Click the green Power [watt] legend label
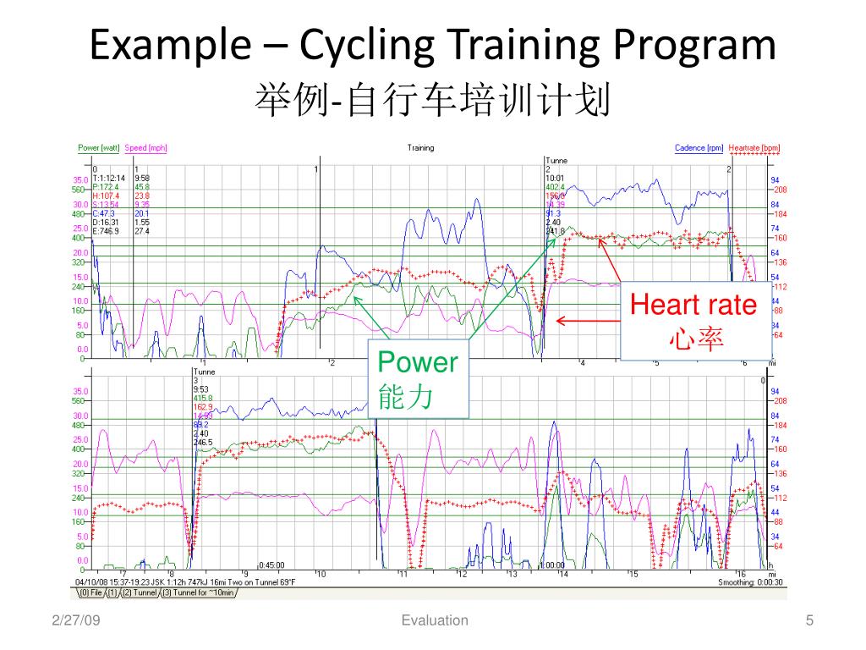tap(99, 148)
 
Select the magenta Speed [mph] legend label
tap(146, 148)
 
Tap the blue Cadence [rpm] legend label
tap(699, 148)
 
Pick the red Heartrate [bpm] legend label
tap(754, 148)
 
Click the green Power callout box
tap(418, 378)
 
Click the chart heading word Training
tap(420, 148)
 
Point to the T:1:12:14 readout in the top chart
tap(109, 179)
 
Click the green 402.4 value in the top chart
tap(555, 187)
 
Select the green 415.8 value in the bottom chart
tap(203, 398)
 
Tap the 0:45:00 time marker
tap(271, 565)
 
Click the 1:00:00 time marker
tap(552, 565)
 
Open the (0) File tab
tap(90, 592)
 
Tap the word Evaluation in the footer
tap(435, 620)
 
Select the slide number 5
tap(809, 620)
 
